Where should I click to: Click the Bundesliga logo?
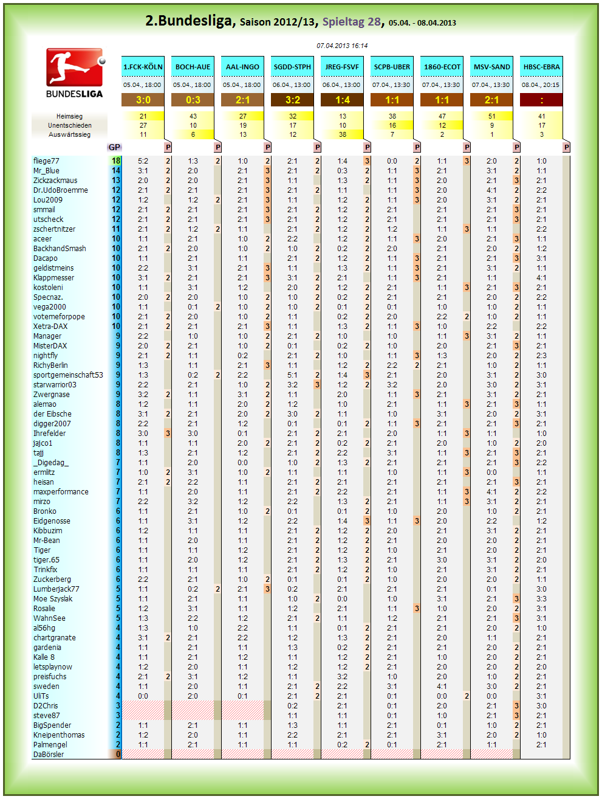[75, 73]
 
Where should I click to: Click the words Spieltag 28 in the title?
[351, 22]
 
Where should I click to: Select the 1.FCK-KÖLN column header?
[143, 67]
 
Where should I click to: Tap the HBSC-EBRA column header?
[541, 67]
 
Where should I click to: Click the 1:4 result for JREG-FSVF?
[342, 100]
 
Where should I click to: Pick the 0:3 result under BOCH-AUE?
[193, 100]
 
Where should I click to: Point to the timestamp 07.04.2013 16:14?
[342, 46]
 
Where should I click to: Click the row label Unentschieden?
[69, 125]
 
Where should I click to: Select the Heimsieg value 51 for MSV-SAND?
[491, 116]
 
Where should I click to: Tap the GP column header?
[114, 147]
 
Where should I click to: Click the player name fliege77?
[46, 161]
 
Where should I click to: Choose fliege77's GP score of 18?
[116, 161]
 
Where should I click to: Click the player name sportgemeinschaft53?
[68, 375]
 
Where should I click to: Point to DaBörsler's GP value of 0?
[118, 754]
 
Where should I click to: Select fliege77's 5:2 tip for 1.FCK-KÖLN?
[143, 161]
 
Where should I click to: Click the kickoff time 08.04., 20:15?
[541, 85]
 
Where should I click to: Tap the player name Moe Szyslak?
[53, 599]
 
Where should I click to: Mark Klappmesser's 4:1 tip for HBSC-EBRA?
[541, 278]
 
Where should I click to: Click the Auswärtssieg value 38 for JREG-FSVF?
[343, 134]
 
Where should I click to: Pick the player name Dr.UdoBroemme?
[60, 190]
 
